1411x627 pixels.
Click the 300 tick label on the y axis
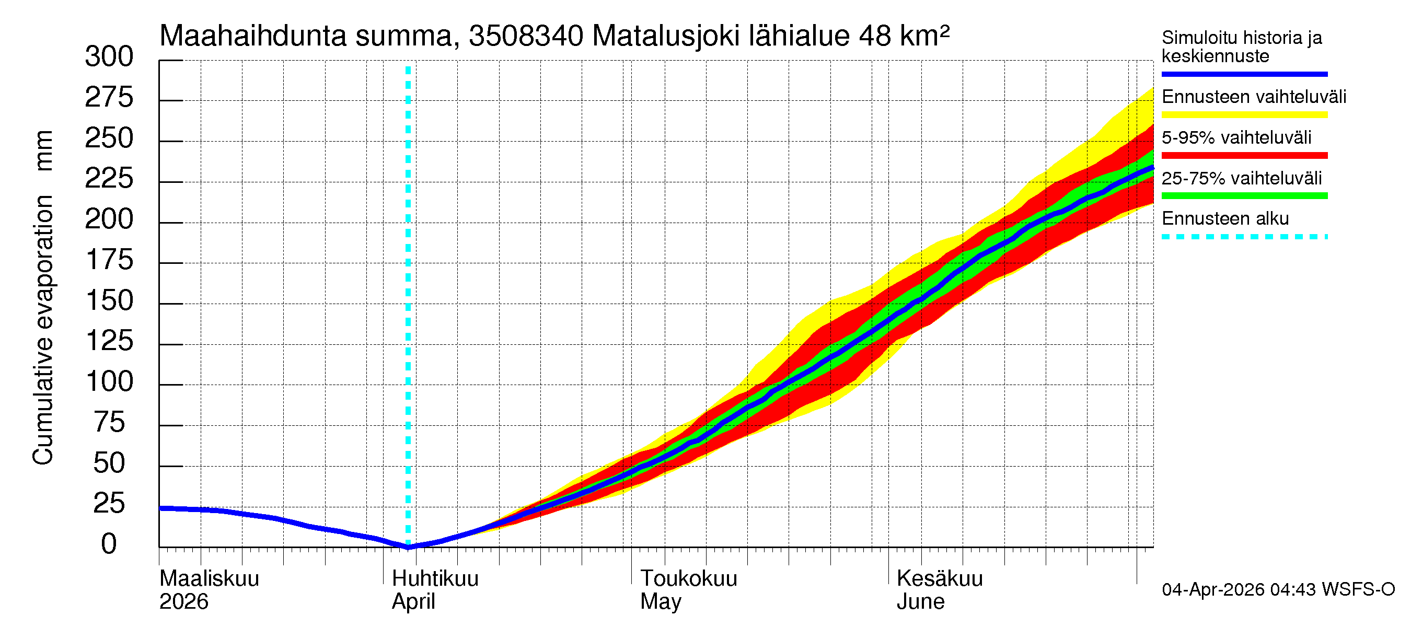109,57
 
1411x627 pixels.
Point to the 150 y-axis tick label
109,300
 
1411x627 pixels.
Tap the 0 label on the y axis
109,544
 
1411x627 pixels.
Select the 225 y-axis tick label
109,179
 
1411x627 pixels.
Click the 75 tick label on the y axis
109,423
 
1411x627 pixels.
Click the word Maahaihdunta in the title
253,36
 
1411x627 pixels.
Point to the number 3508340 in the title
526,36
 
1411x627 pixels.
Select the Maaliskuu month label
209,579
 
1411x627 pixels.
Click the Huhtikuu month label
435,579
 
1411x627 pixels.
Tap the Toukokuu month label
689,579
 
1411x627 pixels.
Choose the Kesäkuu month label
940,579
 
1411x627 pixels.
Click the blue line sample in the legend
1244,74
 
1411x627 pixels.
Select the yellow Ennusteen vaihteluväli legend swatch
1244,115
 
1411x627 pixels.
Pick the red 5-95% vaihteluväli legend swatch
1244,156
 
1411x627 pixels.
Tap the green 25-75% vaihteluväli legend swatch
1244,196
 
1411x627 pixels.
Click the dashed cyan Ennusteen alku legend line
1244,237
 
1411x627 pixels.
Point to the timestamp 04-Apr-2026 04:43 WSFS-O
1278,590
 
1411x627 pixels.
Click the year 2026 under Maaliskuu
183,602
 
